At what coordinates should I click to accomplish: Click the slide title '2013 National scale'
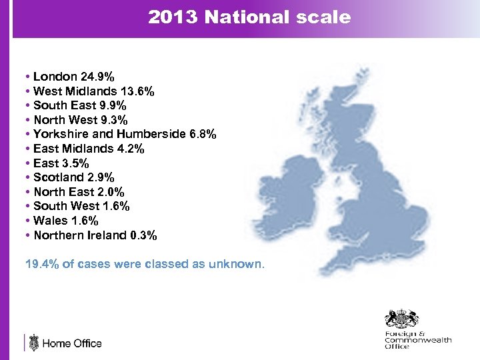249,17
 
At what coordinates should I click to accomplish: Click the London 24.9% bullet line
73,77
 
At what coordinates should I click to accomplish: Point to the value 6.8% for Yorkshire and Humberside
203,135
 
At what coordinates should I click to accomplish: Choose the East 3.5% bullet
61,163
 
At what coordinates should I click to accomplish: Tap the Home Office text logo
72,343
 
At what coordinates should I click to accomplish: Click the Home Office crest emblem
34,343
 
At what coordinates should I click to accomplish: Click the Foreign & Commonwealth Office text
417,340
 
